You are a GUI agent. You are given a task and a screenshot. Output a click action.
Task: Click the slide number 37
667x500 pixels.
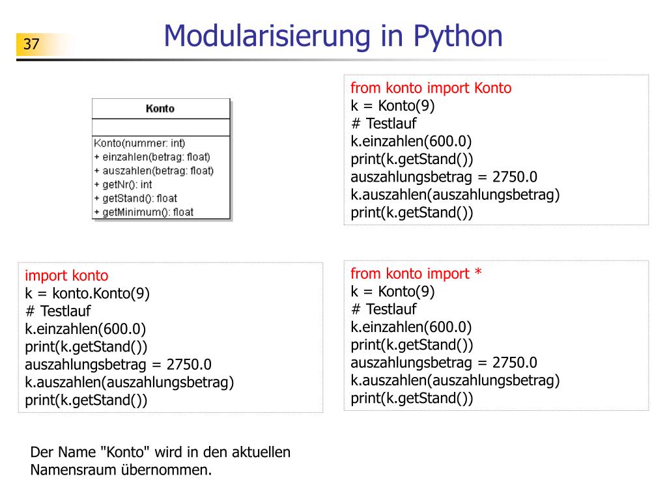(x=31, y=45)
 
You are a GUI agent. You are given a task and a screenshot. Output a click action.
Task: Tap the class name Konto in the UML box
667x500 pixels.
(x=160, y=109)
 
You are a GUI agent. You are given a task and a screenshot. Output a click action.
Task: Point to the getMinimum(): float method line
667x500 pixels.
(x=144, y=212)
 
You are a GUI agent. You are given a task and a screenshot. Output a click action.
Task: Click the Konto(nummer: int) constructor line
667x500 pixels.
(x=139, y=143)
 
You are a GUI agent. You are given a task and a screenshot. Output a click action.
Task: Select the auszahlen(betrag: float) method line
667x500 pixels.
(x=154, y=171)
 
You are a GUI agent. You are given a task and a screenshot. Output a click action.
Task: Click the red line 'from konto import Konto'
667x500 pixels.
(x=431, y=89)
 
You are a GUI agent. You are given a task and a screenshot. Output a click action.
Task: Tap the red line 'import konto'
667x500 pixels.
(x=66, y=276)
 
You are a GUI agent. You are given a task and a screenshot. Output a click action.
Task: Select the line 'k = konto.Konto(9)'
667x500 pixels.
(x=87, y=294)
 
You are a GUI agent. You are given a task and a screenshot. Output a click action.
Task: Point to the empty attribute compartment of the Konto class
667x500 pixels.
(x=161, y=127)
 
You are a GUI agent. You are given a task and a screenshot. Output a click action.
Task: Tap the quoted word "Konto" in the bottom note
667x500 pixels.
(x=125, y=452)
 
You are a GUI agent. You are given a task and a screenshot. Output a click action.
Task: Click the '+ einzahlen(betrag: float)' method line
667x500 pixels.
(x=152, y=157)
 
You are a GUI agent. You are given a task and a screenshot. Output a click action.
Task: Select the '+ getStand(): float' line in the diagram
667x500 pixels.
(x=135, y=199)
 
